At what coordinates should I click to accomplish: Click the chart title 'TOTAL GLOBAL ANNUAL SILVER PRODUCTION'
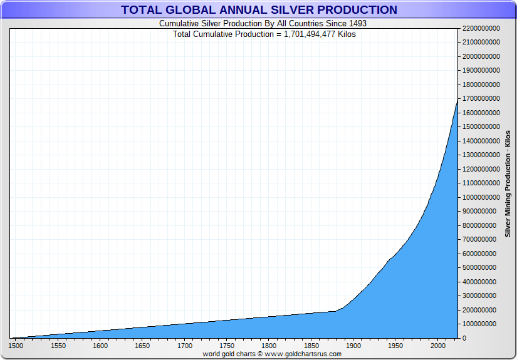259,10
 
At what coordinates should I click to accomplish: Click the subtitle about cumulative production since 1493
263,23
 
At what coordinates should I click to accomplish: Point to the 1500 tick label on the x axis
16,346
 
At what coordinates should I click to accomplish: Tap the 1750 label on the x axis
227,346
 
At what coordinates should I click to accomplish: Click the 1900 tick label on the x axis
353,346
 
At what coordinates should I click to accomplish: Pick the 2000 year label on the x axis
437,346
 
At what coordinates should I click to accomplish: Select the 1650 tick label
142,346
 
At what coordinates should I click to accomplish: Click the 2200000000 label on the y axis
481,28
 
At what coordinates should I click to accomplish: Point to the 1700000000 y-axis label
481,99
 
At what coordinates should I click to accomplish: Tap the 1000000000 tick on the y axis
481,197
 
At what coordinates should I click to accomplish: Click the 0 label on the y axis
464,339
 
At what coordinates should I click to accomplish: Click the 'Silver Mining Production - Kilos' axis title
508,183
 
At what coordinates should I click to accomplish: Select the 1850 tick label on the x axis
311,346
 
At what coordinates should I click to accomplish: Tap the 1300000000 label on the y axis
481,155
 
